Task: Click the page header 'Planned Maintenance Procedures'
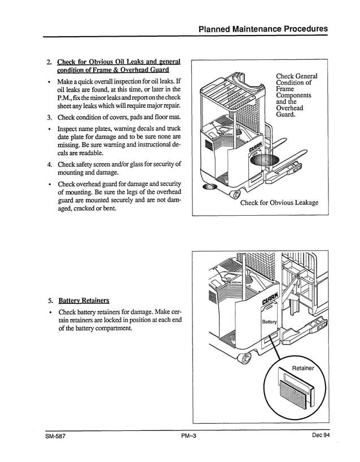263,29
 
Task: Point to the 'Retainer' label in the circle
303,368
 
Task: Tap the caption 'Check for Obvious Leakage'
279,203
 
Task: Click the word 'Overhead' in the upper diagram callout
289,108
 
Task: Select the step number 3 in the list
50,117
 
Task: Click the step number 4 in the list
50,164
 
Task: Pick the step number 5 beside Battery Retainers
50,300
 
